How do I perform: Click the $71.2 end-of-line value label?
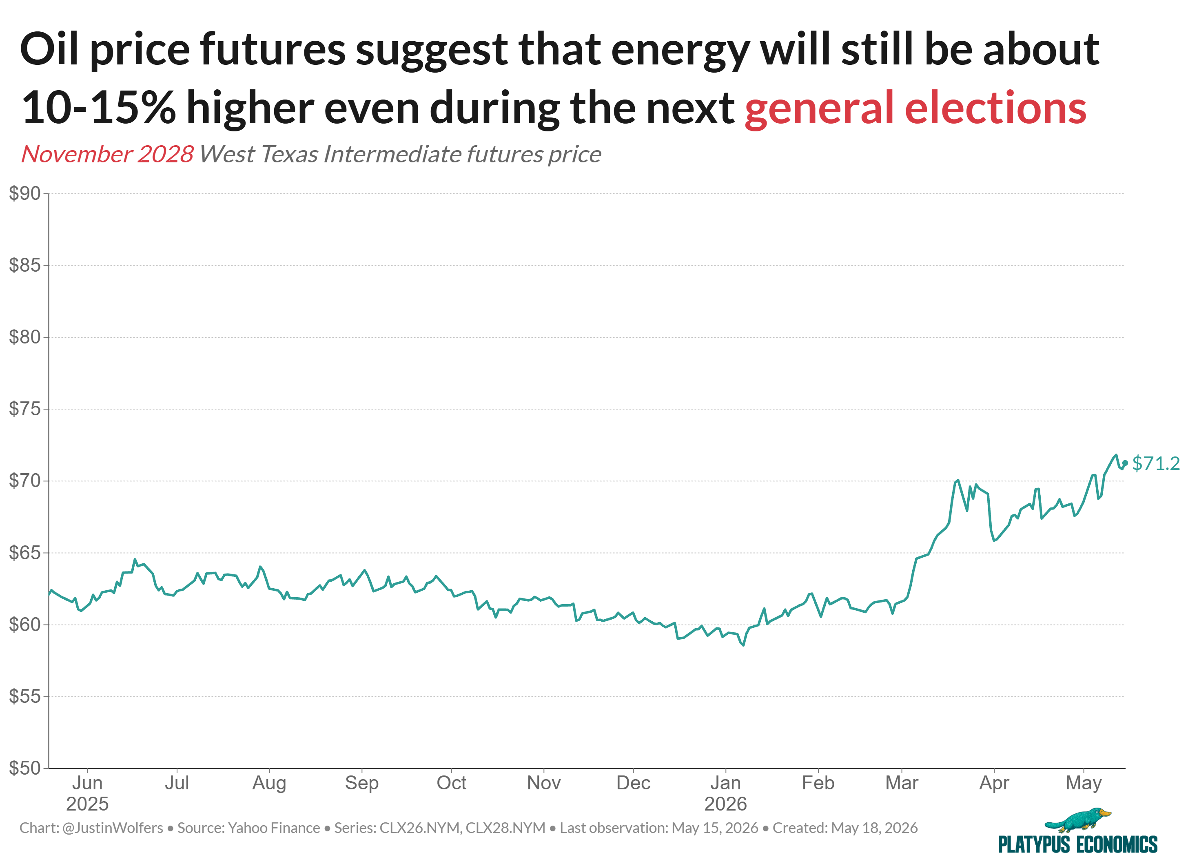click(x=1155, y=463)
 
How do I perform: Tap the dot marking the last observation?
click(x=1125, y=463)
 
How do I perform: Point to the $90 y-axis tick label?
click(x=24, y=193)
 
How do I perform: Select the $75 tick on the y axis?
click(x=24, y=409)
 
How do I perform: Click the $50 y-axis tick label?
click(x=24, y=768)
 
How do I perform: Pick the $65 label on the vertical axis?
click(x=24, y=553)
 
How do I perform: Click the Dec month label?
click(x=633, y=783)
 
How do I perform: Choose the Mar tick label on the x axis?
click(x=902, y=783)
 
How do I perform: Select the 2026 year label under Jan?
click(x=725, y=804)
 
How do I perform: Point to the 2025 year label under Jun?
click(x=87, y=804)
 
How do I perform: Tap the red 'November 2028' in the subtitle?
click(x=107, y=154)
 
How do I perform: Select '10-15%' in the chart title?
click(x=98, y=107)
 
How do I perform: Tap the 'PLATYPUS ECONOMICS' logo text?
click(x=1078, y=844)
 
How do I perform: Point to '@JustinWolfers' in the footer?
click(x=113, y=828)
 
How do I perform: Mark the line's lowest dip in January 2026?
click(x=743, y=645)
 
